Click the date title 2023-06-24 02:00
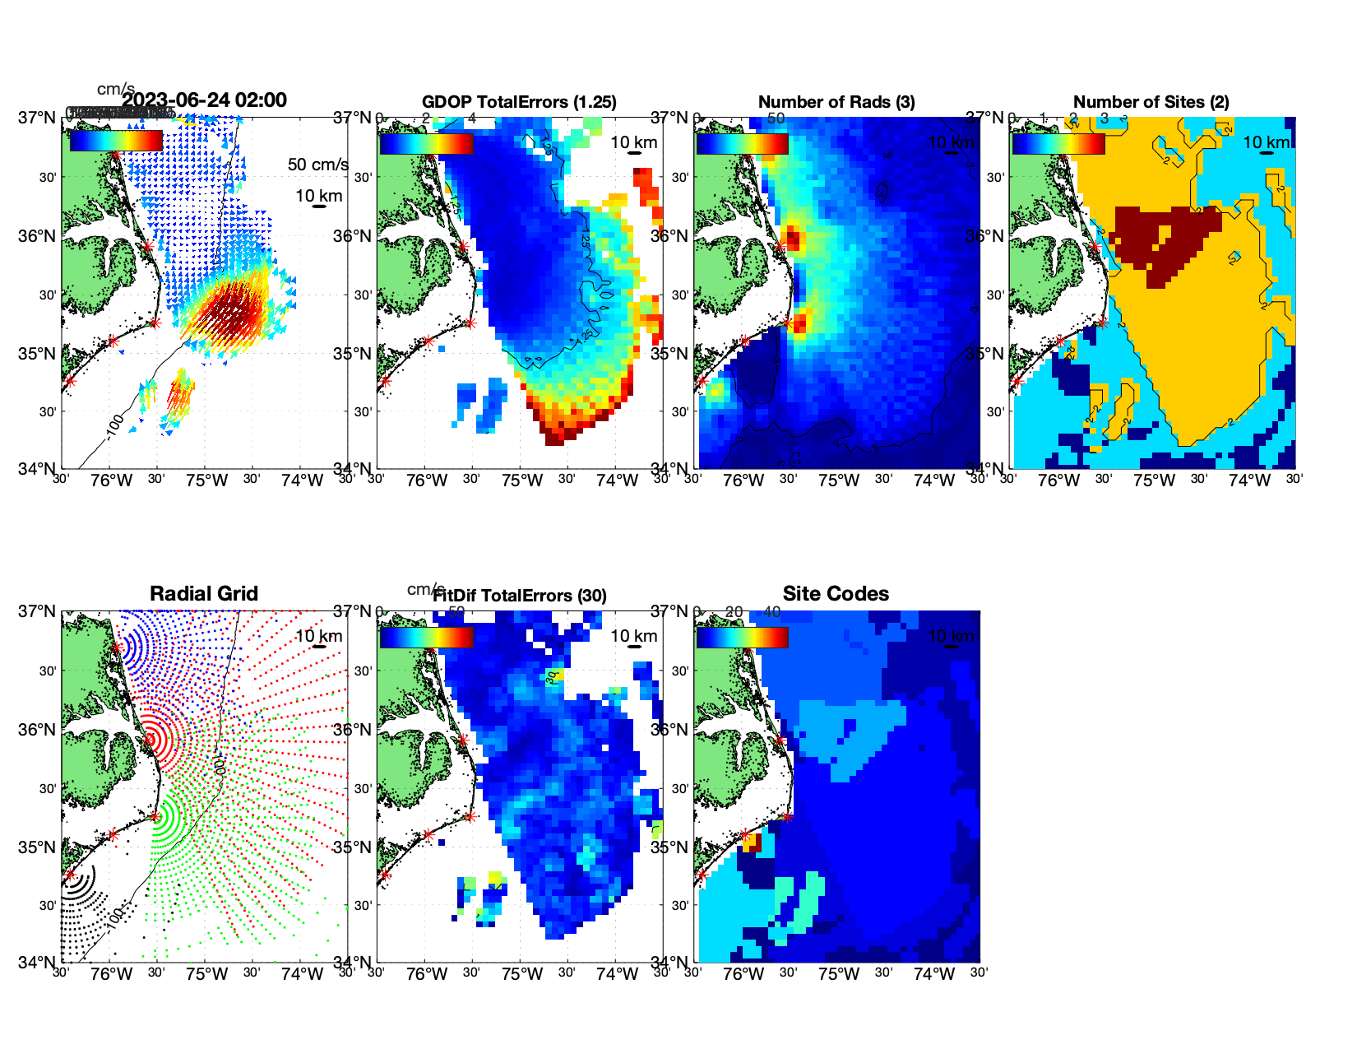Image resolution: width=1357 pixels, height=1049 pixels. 205,100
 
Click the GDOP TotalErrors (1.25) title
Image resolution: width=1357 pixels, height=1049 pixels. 519,102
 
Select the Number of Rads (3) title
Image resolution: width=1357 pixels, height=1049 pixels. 836,102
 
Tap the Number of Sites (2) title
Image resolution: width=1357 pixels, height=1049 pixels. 1151,102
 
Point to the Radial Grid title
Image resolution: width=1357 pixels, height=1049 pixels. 204,594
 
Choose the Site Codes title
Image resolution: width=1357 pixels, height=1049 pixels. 836,594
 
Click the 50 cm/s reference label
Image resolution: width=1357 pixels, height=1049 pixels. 317,165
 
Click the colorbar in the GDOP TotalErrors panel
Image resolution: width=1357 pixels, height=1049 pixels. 426,143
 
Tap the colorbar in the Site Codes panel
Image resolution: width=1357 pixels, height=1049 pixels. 742,637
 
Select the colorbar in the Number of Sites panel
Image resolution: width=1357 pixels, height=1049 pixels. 1058,143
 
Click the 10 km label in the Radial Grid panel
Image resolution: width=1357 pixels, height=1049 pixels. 318,636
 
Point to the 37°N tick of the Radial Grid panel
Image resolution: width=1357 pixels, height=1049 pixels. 38,611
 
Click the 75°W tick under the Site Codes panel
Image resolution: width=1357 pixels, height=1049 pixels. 839,974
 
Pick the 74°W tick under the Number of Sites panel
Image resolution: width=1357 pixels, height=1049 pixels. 1249,480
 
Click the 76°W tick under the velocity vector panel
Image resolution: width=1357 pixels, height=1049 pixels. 112,480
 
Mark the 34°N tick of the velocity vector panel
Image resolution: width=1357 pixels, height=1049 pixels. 38,469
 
